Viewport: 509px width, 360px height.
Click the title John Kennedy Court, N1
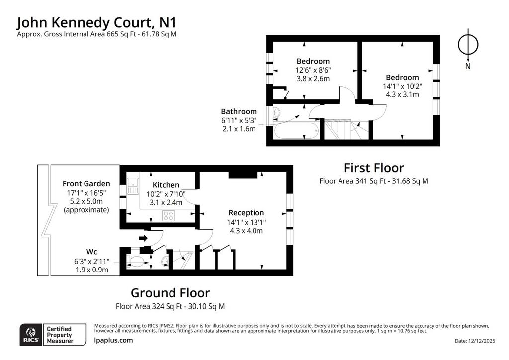pos(97,23)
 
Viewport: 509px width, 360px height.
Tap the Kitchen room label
pos(166,185)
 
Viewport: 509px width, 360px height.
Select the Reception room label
pos(246,213)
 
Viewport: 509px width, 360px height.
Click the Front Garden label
pos(86,184)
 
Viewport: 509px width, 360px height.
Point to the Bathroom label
pos(239,112)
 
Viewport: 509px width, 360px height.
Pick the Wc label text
pos(91,252)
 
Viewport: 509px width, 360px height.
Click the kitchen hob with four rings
pos(169,216)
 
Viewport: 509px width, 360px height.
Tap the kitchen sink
pos(133,186)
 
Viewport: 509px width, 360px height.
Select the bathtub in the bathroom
pos(296,131)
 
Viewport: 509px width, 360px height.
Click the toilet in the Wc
pos(137,261)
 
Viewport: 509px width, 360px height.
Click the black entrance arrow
pos(143,239)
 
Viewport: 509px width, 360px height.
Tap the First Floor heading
pos(374,168)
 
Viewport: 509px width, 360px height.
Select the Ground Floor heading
pos(170,293)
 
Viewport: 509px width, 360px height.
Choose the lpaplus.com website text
pos(113,340)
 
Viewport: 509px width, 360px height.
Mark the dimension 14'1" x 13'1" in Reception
pos(247,222)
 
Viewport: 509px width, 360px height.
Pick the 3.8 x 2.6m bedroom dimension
pos(313,78)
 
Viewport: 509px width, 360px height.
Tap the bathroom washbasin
pos(277,113)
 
